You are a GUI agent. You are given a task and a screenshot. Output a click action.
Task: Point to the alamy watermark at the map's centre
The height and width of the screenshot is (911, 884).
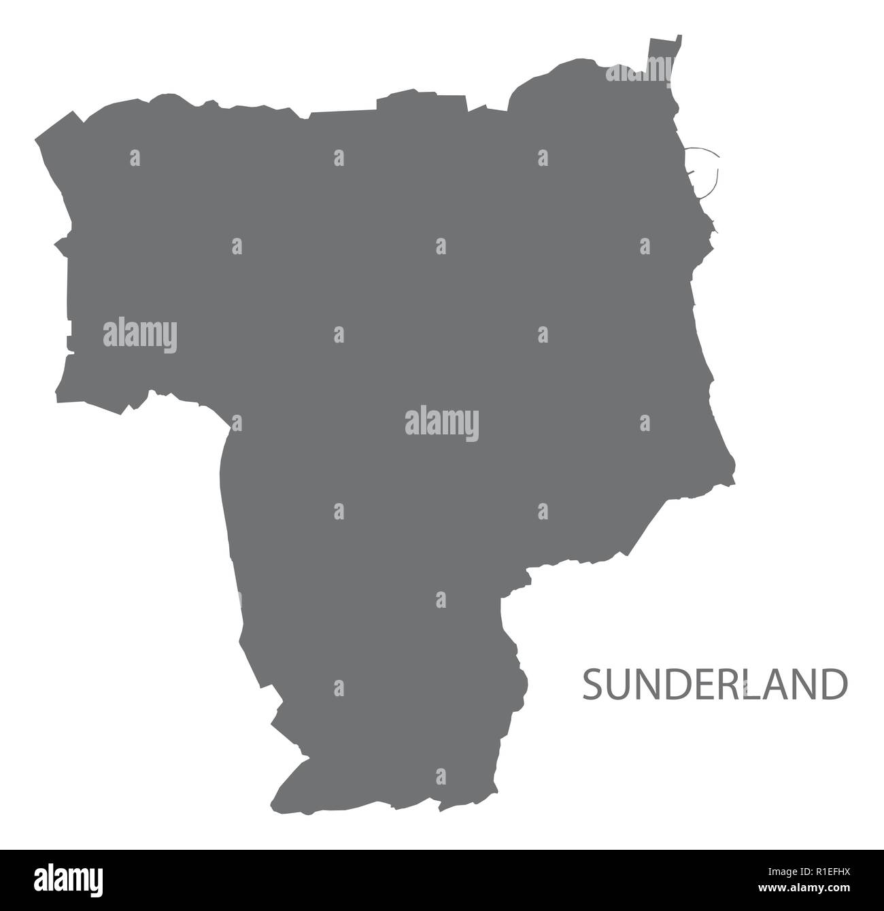[x=442, y=424]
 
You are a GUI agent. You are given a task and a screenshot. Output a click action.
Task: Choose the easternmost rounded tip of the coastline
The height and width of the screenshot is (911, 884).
[x=732, y=469]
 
